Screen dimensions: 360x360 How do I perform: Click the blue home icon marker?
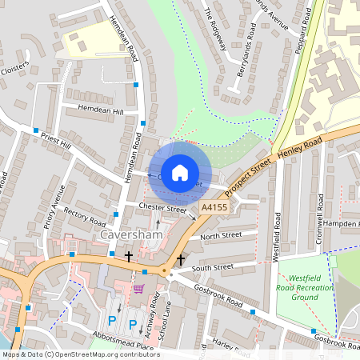(x=180, y=173)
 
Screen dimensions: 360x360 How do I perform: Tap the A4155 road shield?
(x=213, y=207)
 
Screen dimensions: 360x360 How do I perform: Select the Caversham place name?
(x=130, y=238)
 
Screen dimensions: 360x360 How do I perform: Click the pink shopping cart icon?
(x=138, y=289)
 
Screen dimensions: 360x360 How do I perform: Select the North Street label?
(x=220, y=237)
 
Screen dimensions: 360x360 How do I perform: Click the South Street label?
(x=214, y=267)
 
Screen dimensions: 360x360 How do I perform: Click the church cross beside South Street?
(x=181, y=261)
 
